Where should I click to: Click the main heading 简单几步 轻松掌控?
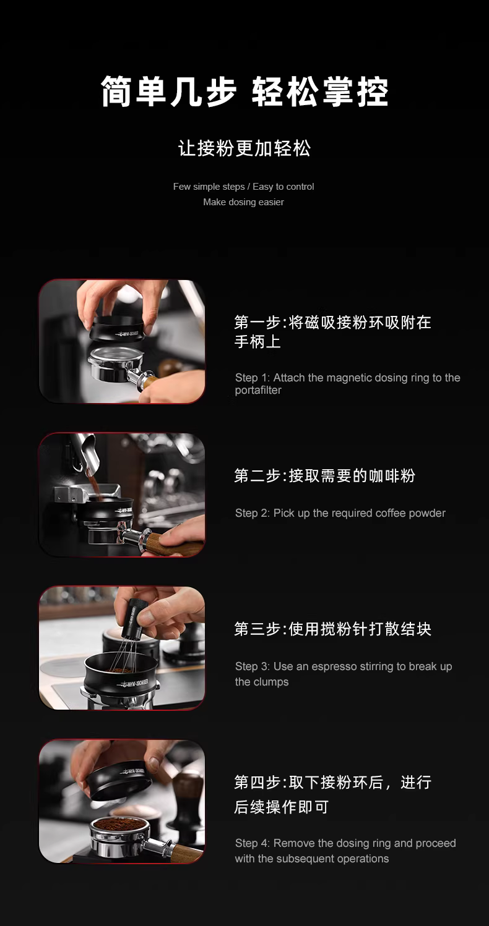click(244, 91)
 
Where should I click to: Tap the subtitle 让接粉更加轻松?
click(244, 148)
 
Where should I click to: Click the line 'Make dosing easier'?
click(243, 202)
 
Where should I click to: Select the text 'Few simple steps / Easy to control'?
click(243, 187)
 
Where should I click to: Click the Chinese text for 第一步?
click(332, 331)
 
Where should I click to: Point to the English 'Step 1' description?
click(347, 384)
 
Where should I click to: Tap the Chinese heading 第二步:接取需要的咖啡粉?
click(324, 476)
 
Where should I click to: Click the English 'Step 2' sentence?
click(340, 513)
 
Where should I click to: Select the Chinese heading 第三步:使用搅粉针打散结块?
click(332, 629)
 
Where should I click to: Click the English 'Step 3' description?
click(344, 674)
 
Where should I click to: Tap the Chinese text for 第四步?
click(332, 794)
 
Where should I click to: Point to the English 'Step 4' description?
click(345, 851)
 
